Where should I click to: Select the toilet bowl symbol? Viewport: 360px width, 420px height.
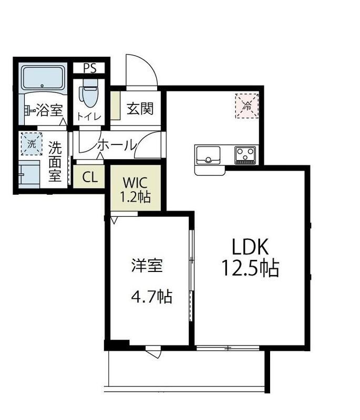click(x=88, y=96)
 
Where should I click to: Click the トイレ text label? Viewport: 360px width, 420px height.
click(x=88, y=117)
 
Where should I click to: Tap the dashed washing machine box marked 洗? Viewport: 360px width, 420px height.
click(x=32, y=143)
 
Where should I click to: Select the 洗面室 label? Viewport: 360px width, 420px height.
click(x=55, y=162)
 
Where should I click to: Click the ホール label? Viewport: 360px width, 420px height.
click(x=117, y=145)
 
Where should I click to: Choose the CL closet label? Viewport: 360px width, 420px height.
click(x=90, y=177)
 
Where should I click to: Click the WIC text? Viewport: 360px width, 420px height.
click(x=136, y=183)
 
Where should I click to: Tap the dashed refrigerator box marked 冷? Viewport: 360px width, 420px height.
click(x=246, y=104)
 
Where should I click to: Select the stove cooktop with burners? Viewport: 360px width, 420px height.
click(x=245, y=154)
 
